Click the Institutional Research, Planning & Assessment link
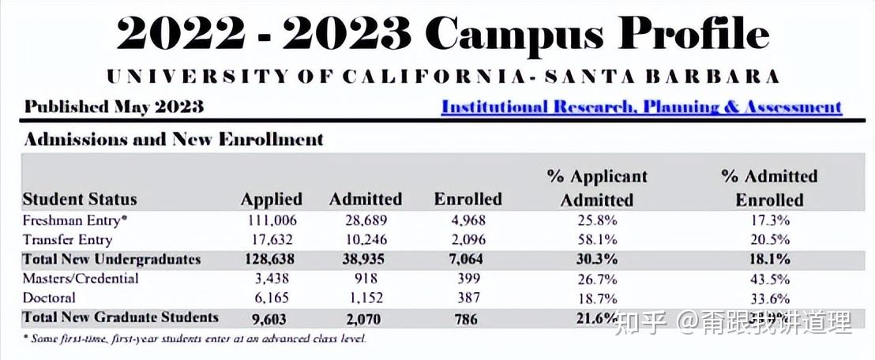coord(641,107)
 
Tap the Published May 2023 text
coord(114,107)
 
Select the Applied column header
coord(272,199)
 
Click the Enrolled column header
coord(468,199)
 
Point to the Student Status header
coord(80,199)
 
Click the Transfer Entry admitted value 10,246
coord(366,239)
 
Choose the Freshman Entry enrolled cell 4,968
coord(469,220)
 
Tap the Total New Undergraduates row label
coord(111,259)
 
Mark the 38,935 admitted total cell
coord(366,259)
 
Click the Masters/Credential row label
coord(81,279)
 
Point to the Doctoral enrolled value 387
coord(468,298)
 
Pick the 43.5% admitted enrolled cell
coord(769,279)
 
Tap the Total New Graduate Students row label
coord(120,317)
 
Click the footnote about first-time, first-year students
coord(194,338)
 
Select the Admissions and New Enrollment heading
coord(174,139)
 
